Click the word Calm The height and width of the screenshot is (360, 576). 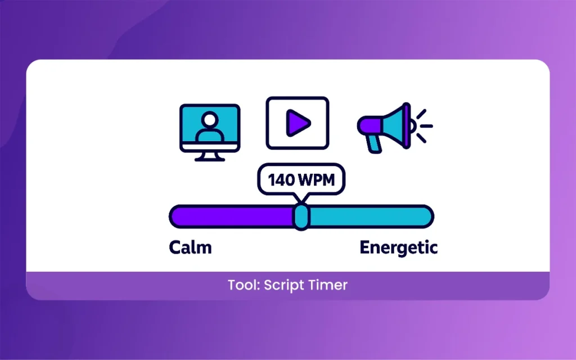click(190, 247)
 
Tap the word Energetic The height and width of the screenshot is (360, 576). click(398, 247)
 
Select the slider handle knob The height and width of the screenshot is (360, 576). click(301, 217)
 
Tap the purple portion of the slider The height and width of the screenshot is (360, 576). click(231, 217)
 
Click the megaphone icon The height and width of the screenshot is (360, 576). click(388, 125)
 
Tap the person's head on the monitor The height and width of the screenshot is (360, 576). click(210, 119)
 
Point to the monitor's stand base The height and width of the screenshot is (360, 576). click(210, 159)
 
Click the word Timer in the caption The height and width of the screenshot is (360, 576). click(328, 285)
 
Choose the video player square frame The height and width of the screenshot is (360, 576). click(297, 123)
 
